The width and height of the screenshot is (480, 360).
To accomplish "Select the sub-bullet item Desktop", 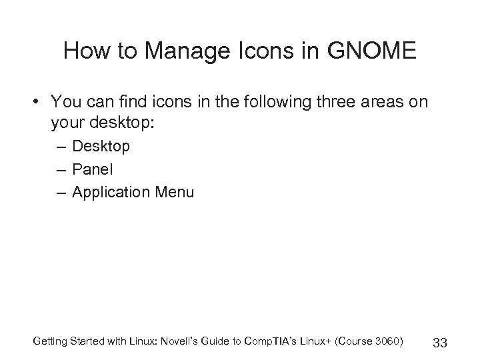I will point(101,146).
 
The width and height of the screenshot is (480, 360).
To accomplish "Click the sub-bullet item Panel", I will point(92,169).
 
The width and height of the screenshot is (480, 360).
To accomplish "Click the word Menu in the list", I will point(174,193).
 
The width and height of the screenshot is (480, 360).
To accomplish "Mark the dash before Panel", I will point(62,169).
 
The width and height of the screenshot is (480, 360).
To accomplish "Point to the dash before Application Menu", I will point(62,193).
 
